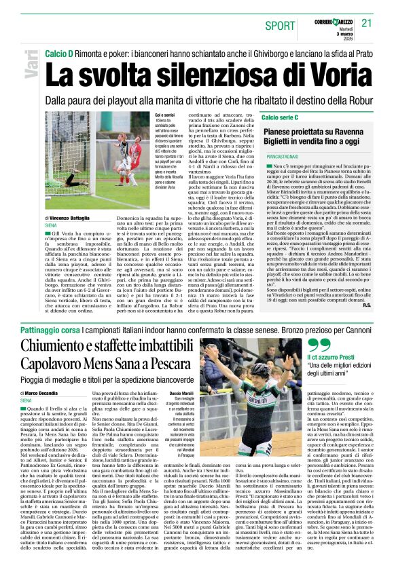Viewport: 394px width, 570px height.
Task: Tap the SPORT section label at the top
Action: pyautogui.click(x=280, y=25)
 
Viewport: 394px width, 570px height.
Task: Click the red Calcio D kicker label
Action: pyautogui.click(x=58, y=52)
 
